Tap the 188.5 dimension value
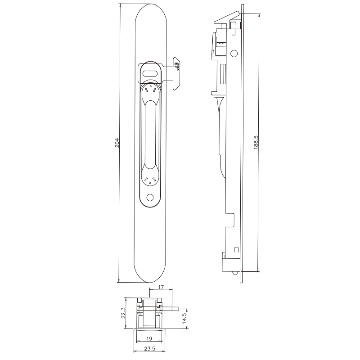[x=256, y=143]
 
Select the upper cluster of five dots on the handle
[x=150, y=90]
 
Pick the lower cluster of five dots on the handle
[x=150, y=180]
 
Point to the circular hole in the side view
[x=234, y=54]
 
